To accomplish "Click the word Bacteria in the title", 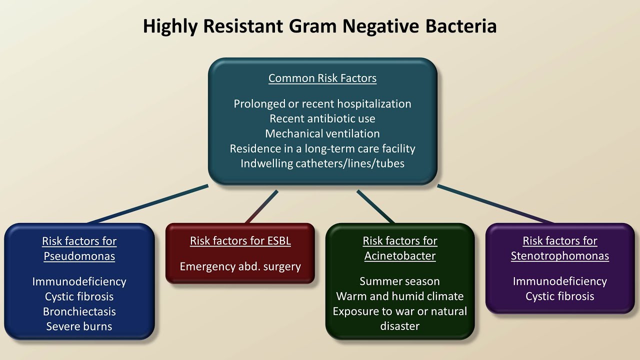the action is [461, 26].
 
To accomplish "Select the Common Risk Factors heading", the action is [322, 78].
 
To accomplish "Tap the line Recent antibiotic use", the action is [322, 118].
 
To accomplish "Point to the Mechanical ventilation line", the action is [322, 133].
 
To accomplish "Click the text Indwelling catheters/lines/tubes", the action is [322, 163].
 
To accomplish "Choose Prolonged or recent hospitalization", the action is [322, 103].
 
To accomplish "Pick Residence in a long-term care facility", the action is [322, 148].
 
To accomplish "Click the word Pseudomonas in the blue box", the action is [79, 256].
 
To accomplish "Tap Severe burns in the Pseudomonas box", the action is [79, 326].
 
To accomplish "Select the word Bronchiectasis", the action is [79, 311].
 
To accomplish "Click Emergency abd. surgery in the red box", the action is [240, 266].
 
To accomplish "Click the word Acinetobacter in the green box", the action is [400, 255].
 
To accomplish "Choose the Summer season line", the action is [399, 281].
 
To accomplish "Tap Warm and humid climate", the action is [400, 296].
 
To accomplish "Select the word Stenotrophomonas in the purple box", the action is [560, 256].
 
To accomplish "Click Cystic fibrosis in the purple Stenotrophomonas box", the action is [560, 296].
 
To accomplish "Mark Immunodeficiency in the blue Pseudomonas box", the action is [79, 281].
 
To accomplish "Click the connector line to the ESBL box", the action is [261, 206].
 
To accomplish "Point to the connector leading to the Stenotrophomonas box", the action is [495, 204].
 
